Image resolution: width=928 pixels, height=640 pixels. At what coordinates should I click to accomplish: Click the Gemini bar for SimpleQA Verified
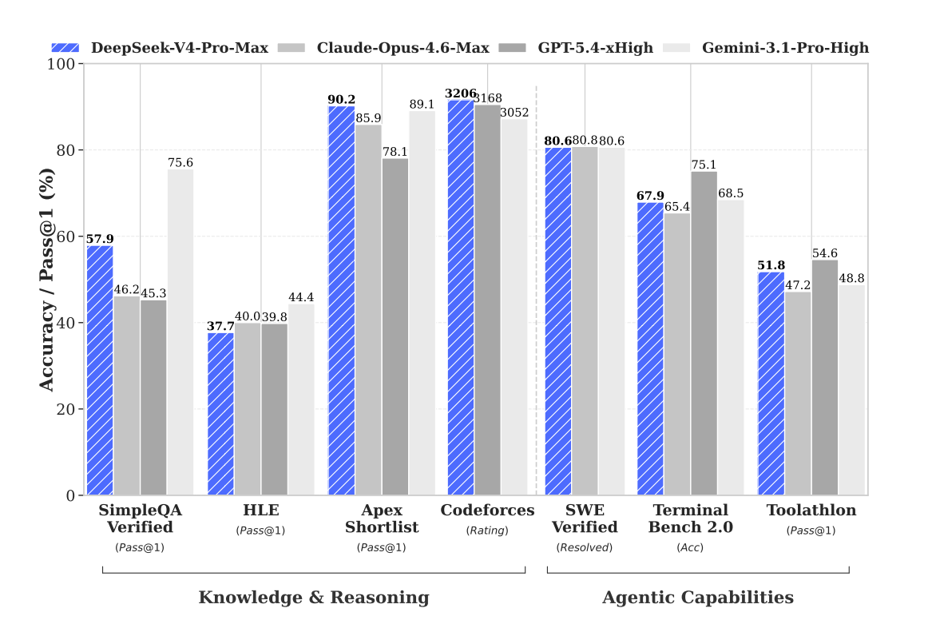coord(180,332)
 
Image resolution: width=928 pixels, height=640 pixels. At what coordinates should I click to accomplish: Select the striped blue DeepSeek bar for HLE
coord(220,414)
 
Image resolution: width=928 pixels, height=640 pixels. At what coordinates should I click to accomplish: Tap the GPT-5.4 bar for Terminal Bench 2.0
coord(704,333)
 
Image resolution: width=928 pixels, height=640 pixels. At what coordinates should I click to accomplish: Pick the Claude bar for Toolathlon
coord(798,393)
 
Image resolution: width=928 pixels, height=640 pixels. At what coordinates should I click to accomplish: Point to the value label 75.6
coord(180,163)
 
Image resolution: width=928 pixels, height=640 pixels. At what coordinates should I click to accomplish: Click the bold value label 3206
coord(462,93)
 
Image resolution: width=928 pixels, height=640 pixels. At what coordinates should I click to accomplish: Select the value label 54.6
coord(824,253)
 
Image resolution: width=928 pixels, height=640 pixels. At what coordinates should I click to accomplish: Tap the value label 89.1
coord(422,105)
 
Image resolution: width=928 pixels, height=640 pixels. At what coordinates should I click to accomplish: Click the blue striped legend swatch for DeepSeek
coord(66,48)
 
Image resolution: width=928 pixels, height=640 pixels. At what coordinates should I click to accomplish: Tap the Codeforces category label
coord(487,511)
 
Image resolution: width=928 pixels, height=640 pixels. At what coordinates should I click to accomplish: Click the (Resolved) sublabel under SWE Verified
coord(584,547)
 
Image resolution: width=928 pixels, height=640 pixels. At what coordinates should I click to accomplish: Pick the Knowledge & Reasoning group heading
coord(314,598)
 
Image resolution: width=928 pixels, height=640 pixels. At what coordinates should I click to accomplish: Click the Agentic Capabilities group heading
coord(698,598)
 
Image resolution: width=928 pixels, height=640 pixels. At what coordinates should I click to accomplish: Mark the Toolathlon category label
coord(811,511)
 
